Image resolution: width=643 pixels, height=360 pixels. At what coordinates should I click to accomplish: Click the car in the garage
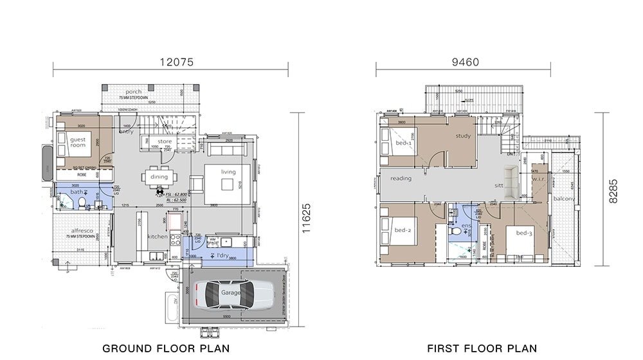coord(230,294)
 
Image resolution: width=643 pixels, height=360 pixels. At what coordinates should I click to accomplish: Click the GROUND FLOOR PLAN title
coord(166,348)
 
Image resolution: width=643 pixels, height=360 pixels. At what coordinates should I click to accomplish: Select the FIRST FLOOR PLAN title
coord(481,348)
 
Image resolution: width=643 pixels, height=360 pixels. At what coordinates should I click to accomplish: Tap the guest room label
coord(78,143)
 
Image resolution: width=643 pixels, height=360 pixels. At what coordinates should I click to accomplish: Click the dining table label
coord(159,177)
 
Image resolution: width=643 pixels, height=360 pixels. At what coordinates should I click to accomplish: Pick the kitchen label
coord(158,237)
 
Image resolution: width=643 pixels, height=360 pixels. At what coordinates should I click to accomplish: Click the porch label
coord(134,92)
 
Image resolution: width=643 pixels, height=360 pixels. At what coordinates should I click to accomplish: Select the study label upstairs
coord(464,136)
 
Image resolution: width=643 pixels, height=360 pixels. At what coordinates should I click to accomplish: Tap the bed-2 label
coord(403,230)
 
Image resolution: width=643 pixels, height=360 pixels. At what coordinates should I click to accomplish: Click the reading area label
coord(401,178)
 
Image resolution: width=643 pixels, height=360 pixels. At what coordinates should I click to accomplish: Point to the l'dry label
coord(222,255)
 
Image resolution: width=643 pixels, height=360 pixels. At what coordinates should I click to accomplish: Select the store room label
coord(165,141)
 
